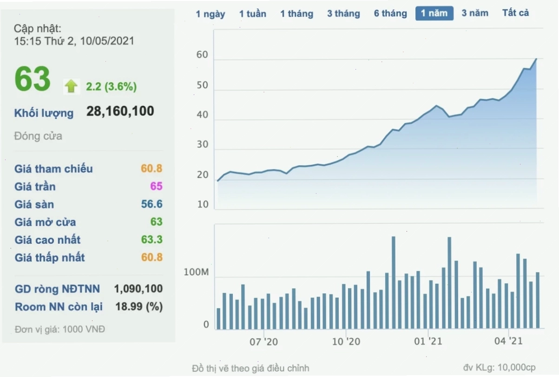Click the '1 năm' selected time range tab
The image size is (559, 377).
coord(434,13)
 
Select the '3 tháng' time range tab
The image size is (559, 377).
coord(343,13)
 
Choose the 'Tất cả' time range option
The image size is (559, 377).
coord(515,13)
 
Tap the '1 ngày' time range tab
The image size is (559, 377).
coord(210,14)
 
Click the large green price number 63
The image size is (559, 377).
coord(33,79)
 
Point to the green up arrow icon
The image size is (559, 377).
coord(71,86)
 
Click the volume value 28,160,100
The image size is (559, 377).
coord(120,111)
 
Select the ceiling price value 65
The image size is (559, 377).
coord(156,186)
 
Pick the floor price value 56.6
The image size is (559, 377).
coord(152,204)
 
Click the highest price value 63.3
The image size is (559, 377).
coord(152,240)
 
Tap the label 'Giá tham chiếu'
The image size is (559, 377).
coord(53,169)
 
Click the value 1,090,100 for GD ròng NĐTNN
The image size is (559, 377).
coord(138,289)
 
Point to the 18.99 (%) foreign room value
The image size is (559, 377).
coord(139,306)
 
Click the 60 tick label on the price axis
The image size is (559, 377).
coord(202,55)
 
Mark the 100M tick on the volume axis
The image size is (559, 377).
coord(196,272)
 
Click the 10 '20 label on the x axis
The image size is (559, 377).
coord(346,342)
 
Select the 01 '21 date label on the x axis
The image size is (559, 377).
coord(428,341)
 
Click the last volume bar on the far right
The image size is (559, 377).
coord(538,300)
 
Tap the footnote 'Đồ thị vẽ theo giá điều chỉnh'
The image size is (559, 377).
coord(250,368)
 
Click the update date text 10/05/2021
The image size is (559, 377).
coord(107,41)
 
